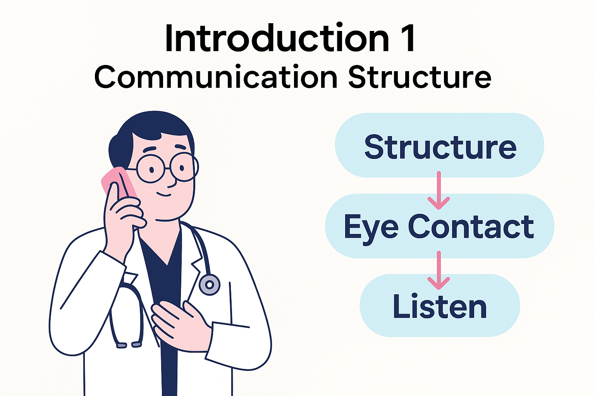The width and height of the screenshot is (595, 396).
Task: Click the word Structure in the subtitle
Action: tap(419, 77)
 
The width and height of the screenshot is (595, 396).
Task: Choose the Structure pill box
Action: tap(440, 146)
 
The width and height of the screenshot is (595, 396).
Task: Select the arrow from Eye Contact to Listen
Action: tap(439, 270)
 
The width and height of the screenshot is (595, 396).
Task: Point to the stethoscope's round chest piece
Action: tap(209, 285)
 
